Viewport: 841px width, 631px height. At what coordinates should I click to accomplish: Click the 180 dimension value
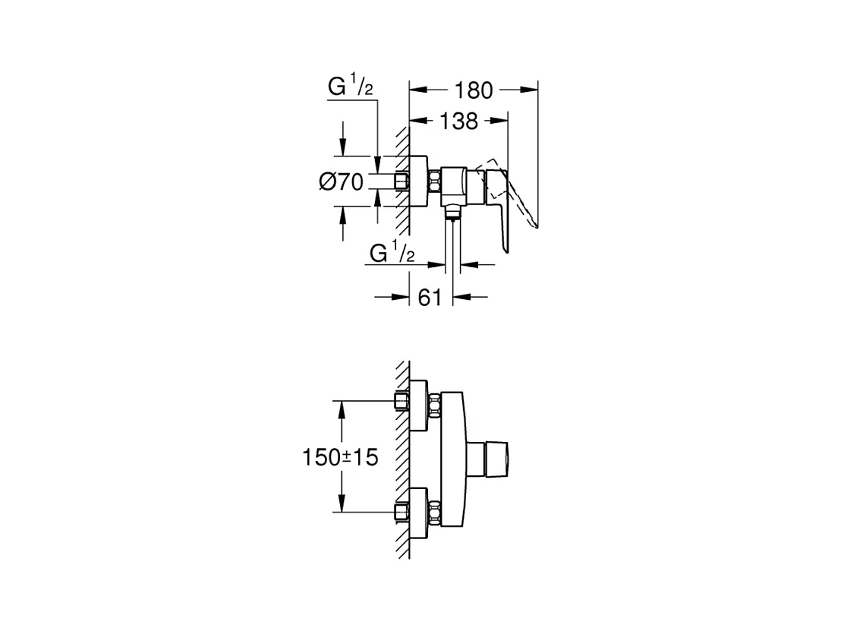click(x=474, y=90)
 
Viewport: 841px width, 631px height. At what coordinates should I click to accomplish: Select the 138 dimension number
click(x=458, y=120)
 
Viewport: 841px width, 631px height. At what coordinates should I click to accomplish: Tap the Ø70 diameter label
click(x=341, y=182)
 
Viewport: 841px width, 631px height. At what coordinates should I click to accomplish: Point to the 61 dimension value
click(x=430, y=297)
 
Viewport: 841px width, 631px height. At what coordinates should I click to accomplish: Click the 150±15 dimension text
click(x=339, y=457)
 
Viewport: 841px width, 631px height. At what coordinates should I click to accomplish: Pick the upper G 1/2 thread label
click(x=350, y=87)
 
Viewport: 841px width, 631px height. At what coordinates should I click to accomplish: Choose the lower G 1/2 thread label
click(x=392, y=253)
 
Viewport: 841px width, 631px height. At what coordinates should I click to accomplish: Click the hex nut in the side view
click(x=435, y=182)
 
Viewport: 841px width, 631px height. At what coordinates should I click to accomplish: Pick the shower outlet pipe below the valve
click(x=453, y=251)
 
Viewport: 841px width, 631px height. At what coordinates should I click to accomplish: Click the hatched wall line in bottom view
click(x=403, y=456)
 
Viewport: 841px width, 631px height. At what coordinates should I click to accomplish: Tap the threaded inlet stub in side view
click(x=401, y=182)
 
